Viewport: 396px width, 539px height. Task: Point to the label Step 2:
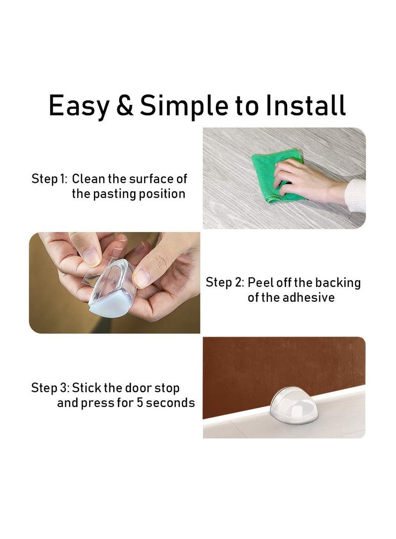(224, 283)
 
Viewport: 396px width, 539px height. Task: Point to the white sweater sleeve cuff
(356, 195)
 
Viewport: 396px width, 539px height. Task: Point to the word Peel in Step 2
(259, 283)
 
